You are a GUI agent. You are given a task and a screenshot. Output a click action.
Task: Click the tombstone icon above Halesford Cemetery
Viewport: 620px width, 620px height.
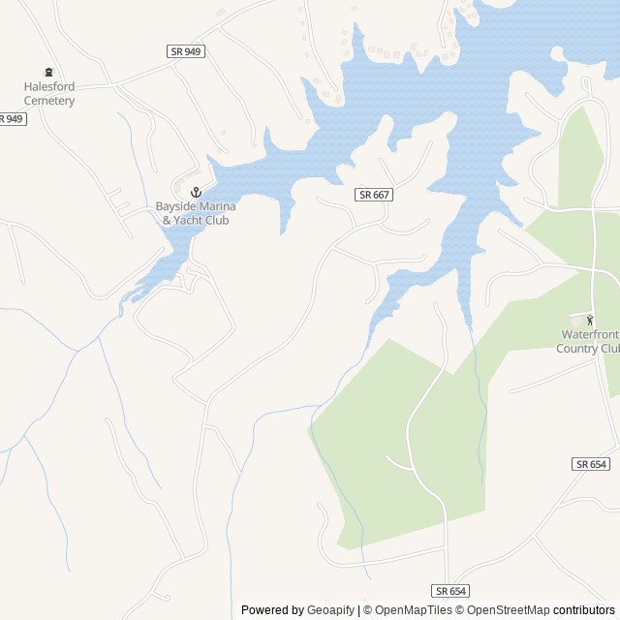[x=48, y=72]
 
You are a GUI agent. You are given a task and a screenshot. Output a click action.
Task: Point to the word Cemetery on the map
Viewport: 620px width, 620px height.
[x=49, y=100]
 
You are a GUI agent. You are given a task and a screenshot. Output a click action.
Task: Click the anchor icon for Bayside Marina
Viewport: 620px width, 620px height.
[x=195, y=191]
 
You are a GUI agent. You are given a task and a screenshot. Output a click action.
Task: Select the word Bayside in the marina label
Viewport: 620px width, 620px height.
[x=175, y=206]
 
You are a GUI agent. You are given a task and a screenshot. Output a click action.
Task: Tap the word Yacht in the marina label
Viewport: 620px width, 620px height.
[x=188, y=220]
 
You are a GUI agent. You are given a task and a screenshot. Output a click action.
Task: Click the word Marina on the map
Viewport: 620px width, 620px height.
[x=218, y=206]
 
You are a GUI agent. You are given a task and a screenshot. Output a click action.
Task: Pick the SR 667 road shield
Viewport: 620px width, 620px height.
[x=374, y=195]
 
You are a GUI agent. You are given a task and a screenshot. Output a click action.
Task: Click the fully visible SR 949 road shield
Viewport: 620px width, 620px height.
[x=185, y=51]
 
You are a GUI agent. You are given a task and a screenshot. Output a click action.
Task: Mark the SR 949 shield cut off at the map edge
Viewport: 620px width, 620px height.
[x=11, y=119]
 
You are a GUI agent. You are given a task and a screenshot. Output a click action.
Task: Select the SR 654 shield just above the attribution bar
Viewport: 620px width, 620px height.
[x=450, y=590]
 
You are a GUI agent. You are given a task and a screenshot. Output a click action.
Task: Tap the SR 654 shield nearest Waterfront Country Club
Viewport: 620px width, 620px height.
[x=590, y=464]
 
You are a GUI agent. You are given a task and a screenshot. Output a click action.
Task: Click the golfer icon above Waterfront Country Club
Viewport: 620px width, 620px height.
[x=588, y=320]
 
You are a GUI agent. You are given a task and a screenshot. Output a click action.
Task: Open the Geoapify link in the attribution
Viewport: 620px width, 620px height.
[x=331, y=610]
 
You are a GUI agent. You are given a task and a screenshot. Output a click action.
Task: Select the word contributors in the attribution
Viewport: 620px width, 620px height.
[x=584, y=610]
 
